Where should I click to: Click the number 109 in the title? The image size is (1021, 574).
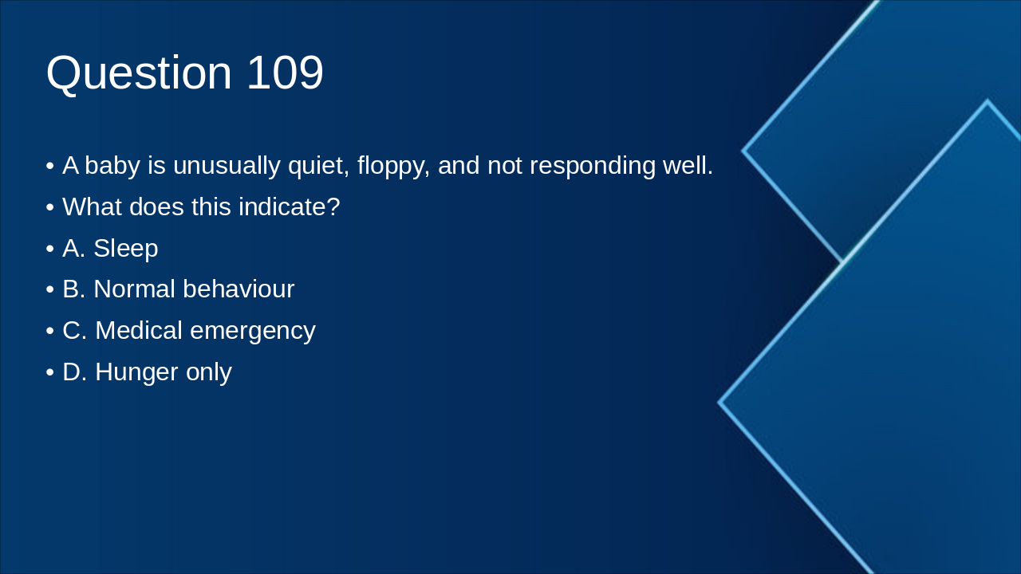pyautogui.click(x=286, y=73)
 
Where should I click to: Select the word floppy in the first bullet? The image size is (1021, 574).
pyautogui.click(x=393, y=167)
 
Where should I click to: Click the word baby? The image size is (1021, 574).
pyautogui.click(x=112, y=165)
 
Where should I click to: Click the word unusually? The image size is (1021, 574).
pyautogui.click(x=227, y=167)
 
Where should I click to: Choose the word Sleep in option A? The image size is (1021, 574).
pyautogui.click(x=126, y=250)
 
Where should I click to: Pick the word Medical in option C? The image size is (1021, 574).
pyautogui.click(x=139, y=330)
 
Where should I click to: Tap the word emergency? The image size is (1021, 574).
pyautogui.click(x=253, y=332)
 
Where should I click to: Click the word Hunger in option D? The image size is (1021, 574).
pyautogui.click(x=136, y=373)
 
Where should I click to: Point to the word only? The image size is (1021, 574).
pyautogui.click(x=209, y=373)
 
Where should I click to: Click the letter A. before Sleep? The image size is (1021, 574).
pyautogui.click(x=74, y=248)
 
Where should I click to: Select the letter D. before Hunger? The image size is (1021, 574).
pyautogui.click(x=75, y=372)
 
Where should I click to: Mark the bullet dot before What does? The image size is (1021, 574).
pyautogui.click(x=50, y=208)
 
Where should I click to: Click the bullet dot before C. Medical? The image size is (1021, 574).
pyautogui.click(x=50, y=331)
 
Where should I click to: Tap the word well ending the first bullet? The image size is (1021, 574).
pyautogui.click(x=688, y=165)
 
